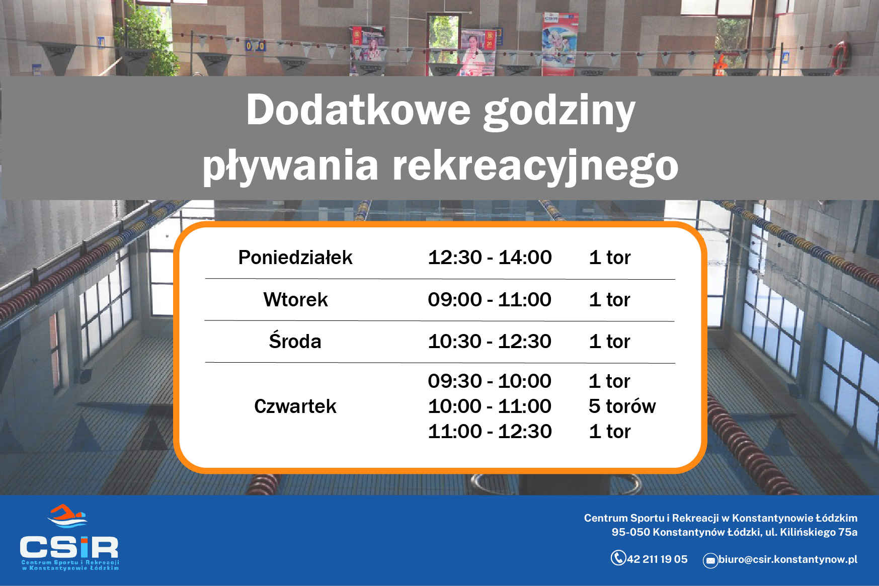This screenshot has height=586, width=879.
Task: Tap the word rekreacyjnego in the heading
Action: click(x=535, y=166)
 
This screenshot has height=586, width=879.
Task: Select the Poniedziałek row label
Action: click(x=295, y=258)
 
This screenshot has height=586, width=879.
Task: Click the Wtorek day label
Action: click(x=295, y=300)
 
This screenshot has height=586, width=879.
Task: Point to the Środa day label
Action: click(x=295, y=341)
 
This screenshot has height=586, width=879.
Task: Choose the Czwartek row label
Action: click(x=295, y=406)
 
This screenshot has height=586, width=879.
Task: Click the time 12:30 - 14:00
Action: click(x=490, y=258)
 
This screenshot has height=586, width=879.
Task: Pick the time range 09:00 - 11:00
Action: click(x=490, y=300)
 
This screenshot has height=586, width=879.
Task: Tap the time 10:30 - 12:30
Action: click(x=490, y=342)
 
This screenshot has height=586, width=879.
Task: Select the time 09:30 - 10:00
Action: click(x=490, y=381)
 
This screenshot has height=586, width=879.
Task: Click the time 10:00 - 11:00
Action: click(x=490, y=406)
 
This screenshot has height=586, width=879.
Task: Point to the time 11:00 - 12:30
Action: click(x=490, y=432)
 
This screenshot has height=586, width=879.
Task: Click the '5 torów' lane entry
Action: click(x=622, y=406)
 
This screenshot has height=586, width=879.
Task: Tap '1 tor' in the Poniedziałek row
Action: click(x=610, y=258)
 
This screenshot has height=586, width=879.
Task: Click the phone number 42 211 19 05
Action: click(x=657, y=559)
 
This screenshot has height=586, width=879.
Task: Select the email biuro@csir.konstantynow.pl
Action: click(x=788, y=559)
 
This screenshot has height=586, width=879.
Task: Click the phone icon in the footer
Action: click(x=618, y=558)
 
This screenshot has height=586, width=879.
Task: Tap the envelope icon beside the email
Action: click(x=710, y=561)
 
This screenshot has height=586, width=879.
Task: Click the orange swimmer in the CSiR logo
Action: click(x=66, y=513)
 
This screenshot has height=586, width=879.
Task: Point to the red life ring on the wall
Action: click(x=841, y=56)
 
